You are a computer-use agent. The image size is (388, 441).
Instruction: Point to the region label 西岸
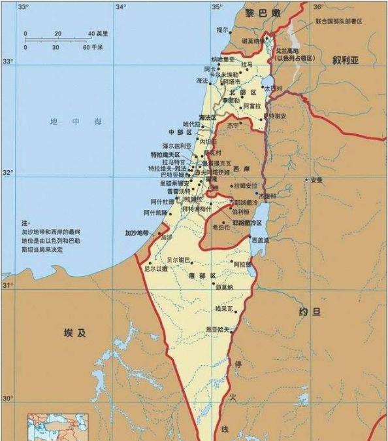click(x=241, y=168)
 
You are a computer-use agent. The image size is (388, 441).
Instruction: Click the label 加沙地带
click(x=138, y=232)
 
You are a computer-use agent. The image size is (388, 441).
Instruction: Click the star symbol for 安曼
click(x=305, y=180)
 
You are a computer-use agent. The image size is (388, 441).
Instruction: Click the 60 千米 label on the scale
click(x=92, y=47)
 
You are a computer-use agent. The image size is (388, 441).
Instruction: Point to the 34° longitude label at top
click(x=121, y=7)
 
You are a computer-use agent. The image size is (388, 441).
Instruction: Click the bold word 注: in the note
click(x=25, y=223)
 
